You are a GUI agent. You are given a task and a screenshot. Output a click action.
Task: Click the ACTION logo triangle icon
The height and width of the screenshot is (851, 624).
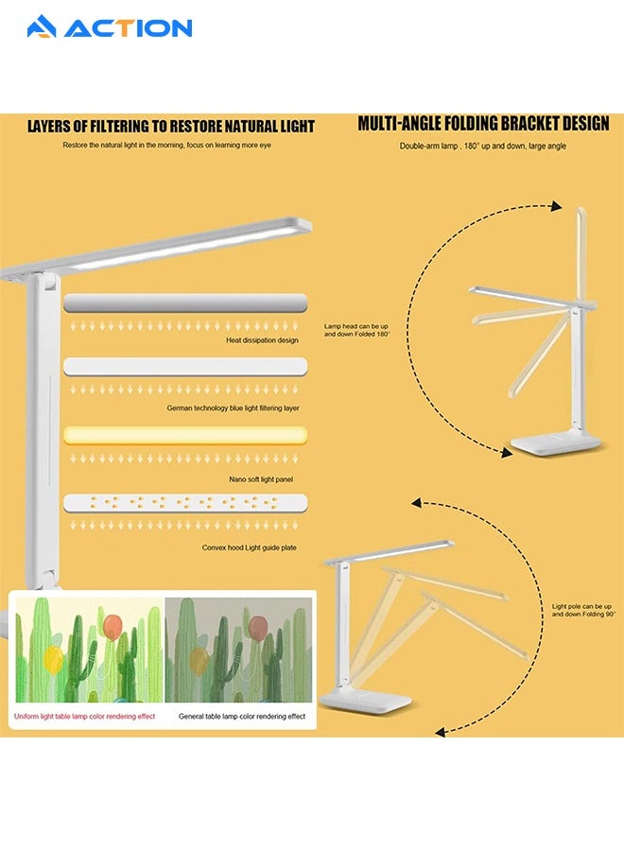click(42, 27)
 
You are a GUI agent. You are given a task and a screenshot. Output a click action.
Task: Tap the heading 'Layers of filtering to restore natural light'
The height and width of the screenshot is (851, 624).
click(170, 127)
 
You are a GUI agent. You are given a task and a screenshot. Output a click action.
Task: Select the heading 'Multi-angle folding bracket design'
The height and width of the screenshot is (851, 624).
click(483, 124)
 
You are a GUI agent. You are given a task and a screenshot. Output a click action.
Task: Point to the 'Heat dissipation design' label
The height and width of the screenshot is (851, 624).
click(262, 339)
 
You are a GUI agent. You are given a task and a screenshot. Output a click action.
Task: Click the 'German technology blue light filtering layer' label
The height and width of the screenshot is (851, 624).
click(233, 408)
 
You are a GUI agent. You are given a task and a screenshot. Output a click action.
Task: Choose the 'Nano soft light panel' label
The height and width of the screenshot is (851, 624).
click(261, 479)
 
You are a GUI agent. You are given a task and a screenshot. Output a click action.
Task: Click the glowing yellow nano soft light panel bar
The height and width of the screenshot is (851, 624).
click(185, 435)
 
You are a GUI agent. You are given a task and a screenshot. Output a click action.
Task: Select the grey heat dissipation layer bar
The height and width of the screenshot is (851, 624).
click(185, 303)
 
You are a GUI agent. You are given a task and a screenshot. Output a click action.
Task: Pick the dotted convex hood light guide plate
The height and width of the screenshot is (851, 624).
click(185, 503)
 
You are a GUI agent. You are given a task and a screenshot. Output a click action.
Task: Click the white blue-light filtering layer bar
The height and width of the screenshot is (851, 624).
click(185, 367)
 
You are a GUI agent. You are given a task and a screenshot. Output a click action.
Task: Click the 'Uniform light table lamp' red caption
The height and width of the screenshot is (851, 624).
click(85, 717)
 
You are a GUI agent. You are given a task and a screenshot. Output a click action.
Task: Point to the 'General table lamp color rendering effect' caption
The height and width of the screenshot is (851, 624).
click(242, 717)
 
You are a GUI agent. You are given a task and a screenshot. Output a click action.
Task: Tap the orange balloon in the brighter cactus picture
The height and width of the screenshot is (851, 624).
click(113, 626)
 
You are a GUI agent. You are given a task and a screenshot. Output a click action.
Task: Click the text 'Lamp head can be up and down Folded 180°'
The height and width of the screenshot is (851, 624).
click(357, 329)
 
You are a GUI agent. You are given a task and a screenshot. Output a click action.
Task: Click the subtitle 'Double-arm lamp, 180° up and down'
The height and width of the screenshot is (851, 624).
click(483, 147)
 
